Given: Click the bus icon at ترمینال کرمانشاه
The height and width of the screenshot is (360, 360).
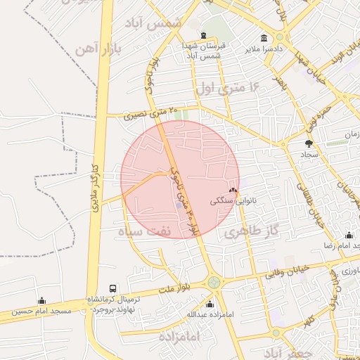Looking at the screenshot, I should [x=113, y=288].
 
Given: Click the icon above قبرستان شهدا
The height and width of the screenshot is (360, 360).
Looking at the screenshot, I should [x=203, y=36].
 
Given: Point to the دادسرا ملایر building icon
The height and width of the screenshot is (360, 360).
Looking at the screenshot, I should [x=264, y=38].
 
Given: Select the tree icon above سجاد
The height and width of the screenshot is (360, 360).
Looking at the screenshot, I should [x=309, y=143].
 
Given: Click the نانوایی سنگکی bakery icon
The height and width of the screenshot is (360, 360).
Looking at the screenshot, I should [x=233, y=191].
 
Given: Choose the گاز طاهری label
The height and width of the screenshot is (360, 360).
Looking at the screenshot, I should [x=250, y=231].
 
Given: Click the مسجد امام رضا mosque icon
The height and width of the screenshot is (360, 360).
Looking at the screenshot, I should [x=349, y=236].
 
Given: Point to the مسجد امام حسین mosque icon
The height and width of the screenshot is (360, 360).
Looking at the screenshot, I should [x=41, y=300].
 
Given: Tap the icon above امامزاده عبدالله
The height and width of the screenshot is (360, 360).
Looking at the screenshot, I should [x=210, y=304].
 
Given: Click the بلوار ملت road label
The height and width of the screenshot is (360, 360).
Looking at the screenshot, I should [x=175, y=288].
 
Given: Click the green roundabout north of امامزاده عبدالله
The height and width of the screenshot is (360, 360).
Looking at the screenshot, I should [x=213, y=282].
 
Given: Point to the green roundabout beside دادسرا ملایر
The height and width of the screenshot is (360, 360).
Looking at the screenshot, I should [x=280, y=37].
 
